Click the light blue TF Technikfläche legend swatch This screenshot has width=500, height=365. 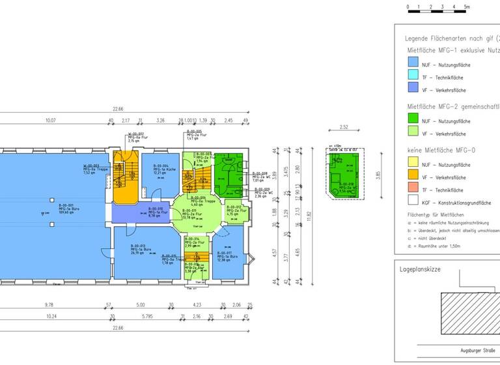pyautogui.click(x=412, y=78)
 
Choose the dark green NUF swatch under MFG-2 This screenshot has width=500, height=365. pyautogui.click(x=412, y=121)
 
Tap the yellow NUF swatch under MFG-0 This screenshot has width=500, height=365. pyautogui.click(x=412, y=165)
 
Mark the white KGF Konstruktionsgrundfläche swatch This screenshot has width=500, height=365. pyautogui.click(x=412, y=201)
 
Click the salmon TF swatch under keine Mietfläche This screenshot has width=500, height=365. pyautogui.click(x=412, y=190)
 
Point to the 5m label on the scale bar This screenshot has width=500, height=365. pyautogui.click(x=466, y=6)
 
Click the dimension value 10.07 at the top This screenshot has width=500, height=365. pyautogui.click(x=50, y=121)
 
